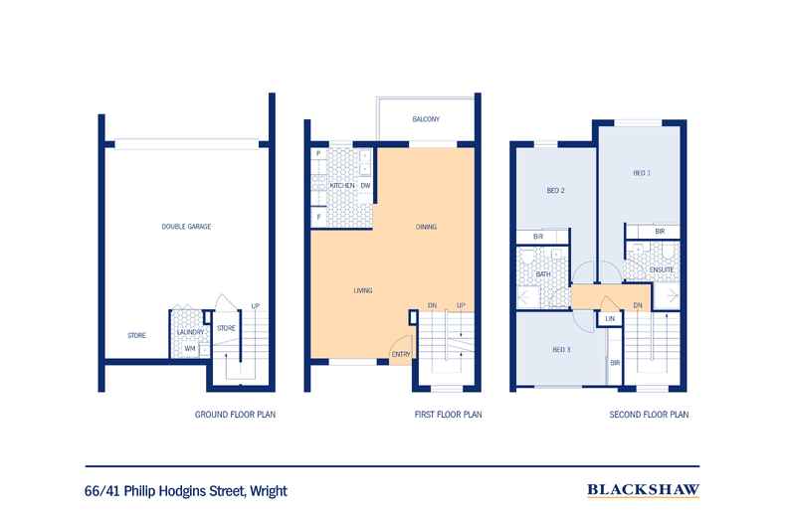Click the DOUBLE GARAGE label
point(186,227)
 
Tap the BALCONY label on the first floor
point(426,119)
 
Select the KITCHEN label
point(342,185)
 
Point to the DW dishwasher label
point(365,185)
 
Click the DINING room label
point(426,227)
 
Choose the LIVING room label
point(363,290)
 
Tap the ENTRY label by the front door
point(401,354)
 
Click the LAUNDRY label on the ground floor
point(190,332)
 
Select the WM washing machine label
point(189,348)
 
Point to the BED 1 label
point(642,173)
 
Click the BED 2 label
point(555,190)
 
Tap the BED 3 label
point(561,350)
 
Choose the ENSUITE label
point(662,269)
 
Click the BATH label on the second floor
point(543,274)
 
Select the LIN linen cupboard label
point(610,318)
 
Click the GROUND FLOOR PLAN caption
point(235,415)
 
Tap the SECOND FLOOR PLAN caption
point(649,415)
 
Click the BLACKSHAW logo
point(643,489)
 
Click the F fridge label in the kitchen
point(318,218)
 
